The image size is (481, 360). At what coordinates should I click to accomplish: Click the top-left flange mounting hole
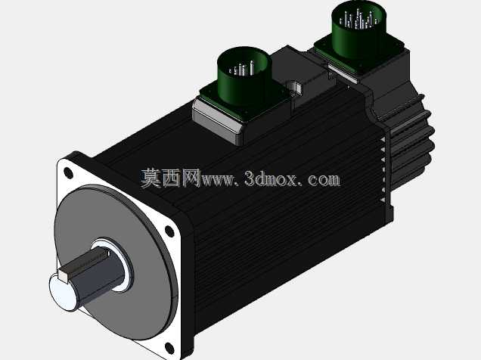tap(68, 172)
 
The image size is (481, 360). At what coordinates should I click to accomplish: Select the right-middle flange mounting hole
tap(169, 231)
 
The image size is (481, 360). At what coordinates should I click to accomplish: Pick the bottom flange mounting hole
tap(169, 347)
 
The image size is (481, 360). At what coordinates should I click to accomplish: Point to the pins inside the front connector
tap(242, 69)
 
